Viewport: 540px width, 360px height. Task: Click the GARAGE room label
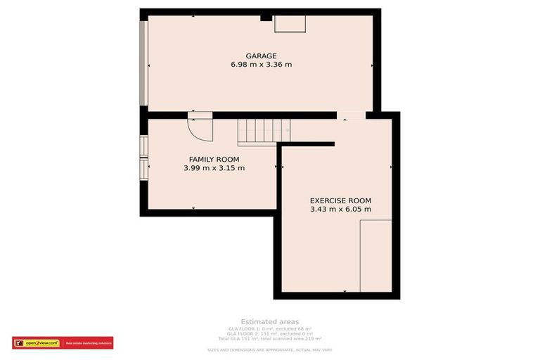261,56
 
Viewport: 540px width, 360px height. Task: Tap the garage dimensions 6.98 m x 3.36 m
261,65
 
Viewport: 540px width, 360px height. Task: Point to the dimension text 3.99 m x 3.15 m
214,168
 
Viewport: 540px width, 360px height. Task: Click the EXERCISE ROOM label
340,200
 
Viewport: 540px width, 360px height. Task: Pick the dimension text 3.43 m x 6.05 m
340,209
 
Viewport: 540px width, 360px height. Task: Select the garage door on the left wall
143,63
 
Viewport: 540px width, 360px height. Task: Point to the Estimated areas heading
269,321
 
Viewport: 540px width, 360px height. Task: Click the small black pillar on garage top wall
266,18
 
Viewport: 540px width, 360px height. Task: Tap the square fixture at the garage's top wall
290,24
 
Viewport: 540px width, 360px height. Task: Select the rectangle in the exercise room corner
375,256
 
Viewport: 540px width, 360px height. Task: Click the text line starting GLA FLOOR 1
269,328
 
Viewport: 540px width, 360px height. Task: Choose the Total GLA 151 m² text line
269,339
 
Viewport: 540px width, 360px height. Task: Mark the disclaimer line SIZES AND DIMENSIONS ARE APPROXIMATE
269,349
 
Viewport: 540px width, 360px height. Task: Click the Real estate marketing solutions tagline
88,343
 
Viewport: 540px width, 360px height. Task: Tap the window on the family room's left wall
144,158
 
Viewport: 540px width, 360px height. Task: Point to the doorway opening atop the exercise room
350,115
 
